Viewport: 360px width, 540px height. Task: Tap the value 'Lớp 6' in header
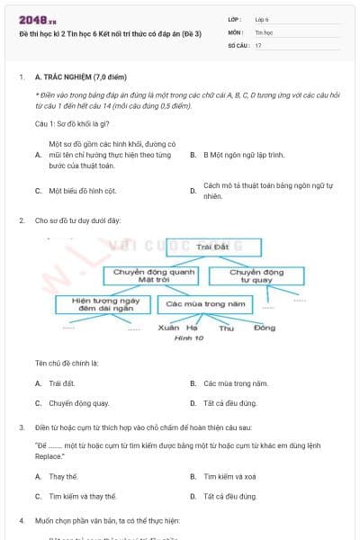pyautogui.click(x=262, y=19)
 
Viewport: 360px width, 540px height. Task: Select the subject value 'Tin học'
pyautogui.click(x=264, y=31)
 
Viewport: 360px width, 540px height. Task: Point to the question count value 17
pyautogui.click(x=258, y=44)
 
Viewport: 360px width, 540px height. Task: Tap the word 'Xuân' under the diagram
pyautogui.click(x=168, y=328)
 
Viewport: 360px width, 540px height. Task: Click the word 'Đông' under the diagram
pyautogui.click(x=264, y=328)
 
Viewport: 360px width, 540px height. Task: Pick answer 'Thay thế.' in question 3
pyautogui.click(x=64, y=476)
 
